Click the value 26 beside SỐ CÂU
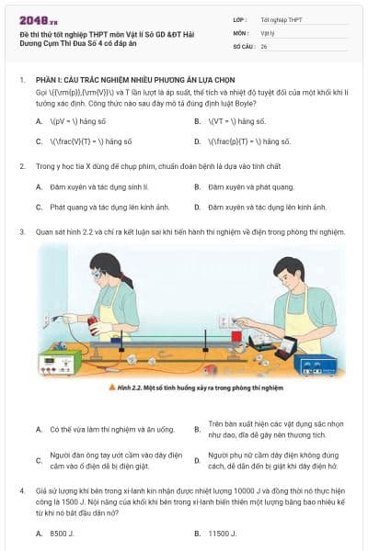[x=264, y=45]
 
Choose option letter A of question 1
[x=39, y=120]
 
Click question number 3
[x=21, y=231]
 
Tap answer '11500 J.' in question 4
[x=223, y=533]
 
